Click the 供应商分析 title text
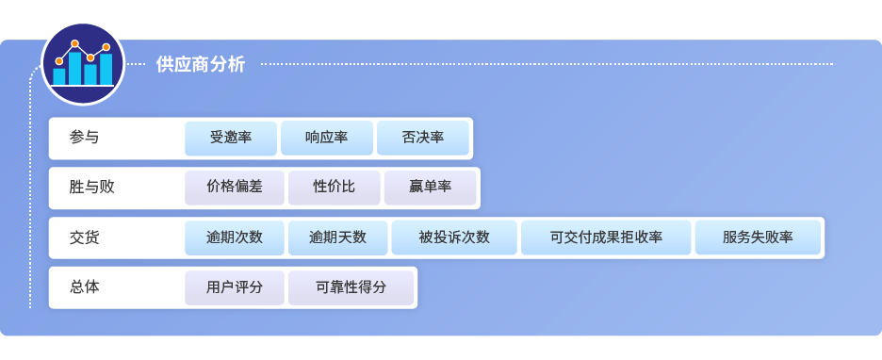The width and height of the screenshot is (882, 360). click(200, 64)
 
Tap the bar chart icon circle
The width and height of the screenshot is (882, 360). click(83, 64)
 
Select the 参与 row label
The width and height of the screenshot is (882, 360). click(84, 138)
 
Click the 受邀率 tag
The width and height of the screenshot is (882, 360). click(231, 138)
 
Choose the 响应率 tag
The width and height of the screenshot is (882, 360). click(326, 138)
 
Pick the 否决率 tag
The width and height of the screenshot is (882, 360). click(422, 138)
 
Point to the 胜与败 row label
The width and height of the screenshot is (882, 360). click(92, 188)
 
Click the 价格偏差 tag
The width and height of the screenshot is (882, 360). click(235, 188)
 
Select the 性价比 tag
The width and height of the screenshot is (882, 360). click(334, 188)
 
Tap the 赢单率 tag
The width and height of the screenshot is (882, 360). click(430, 188)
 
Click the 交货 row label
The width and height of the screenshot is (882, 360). click(84, 237)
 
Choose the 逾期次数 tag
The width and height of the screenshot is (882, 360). click(235, 237)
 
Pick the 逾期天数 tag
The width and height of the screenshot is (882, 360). click(337, 237)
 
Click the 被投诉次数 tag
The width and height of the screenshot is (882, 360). click(454, 237)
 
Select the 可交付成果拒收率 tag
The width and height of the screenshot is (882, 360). click(606, 237)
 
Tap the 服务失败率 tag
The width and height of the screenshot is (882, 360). click(758, 237)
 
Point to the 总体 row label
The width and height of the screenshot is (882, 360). click(84, 287)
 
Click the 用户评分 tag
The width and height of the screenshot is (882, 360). click(235, 287)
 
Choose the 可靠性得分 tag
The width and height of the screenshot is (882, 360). click(351, 287)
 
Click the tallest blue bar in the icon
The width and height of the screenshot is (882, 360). click(75, 69)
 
